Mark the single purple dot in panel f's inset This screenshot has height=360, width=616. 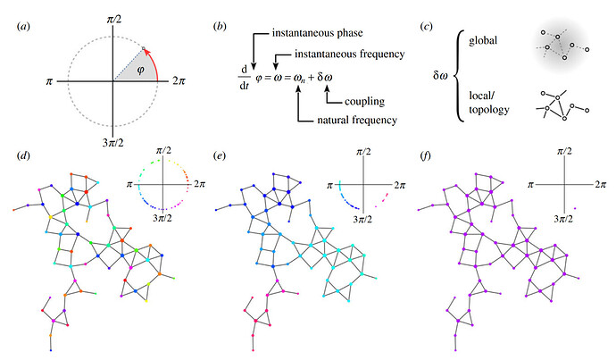[x=576, y=210]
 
